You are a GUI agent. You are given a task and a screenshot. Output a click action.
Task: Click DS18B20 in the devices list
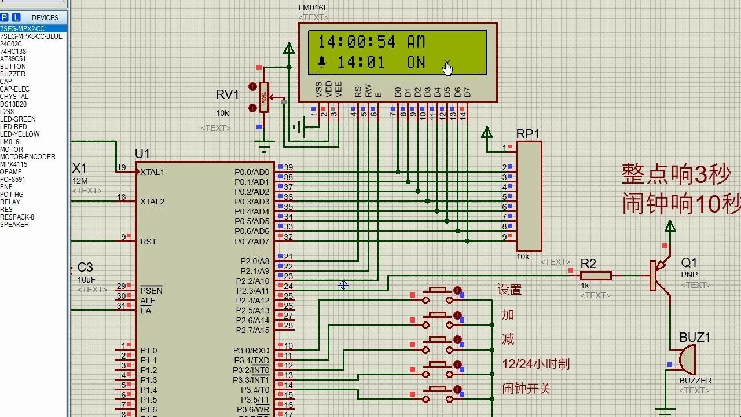tap(13, 104)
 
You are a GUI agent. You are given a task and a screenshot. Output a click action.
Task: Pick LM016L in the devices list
tap(12, 142)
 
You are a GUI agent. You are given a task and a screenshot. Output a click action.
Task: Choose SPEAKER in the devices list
tap(14, 225)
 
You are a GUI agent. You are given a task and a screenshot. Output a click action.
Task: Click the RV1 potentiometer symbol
tap(264, 97)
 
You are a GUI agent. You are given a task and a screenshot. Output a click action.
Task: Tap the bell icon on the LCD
tap(322, 62)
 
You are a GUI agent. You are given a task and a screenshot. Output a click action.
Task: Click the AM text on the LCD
tap(416, 42)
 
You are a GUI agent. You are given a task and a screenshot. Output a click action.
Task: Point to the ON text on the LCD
tap(416, 62)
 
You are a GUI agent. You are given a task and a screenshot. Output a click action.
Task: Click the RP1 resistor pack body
tap(529, 196)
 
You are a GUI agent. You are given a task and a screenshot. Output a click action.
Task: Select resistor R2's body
tap(596, 276)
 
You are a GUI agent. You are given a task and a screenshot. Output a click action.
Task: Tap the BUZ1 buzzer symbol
tap(687, 360)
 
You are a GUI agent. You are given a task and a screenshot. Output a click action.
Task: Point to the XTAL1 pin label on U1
tap(152, 172)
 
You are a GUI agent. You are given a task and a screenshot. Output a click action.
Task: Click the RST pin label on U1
tap(148, 242)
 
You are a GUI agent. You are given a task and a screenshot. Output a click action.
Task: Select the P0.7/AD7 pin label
tap(252, 242)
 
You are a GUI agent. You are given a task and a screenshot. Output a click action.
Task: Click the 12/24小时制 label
tap(535, 364)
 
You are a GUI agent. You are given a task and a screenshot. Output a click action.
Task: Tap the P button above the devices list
tap(5, 17)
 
